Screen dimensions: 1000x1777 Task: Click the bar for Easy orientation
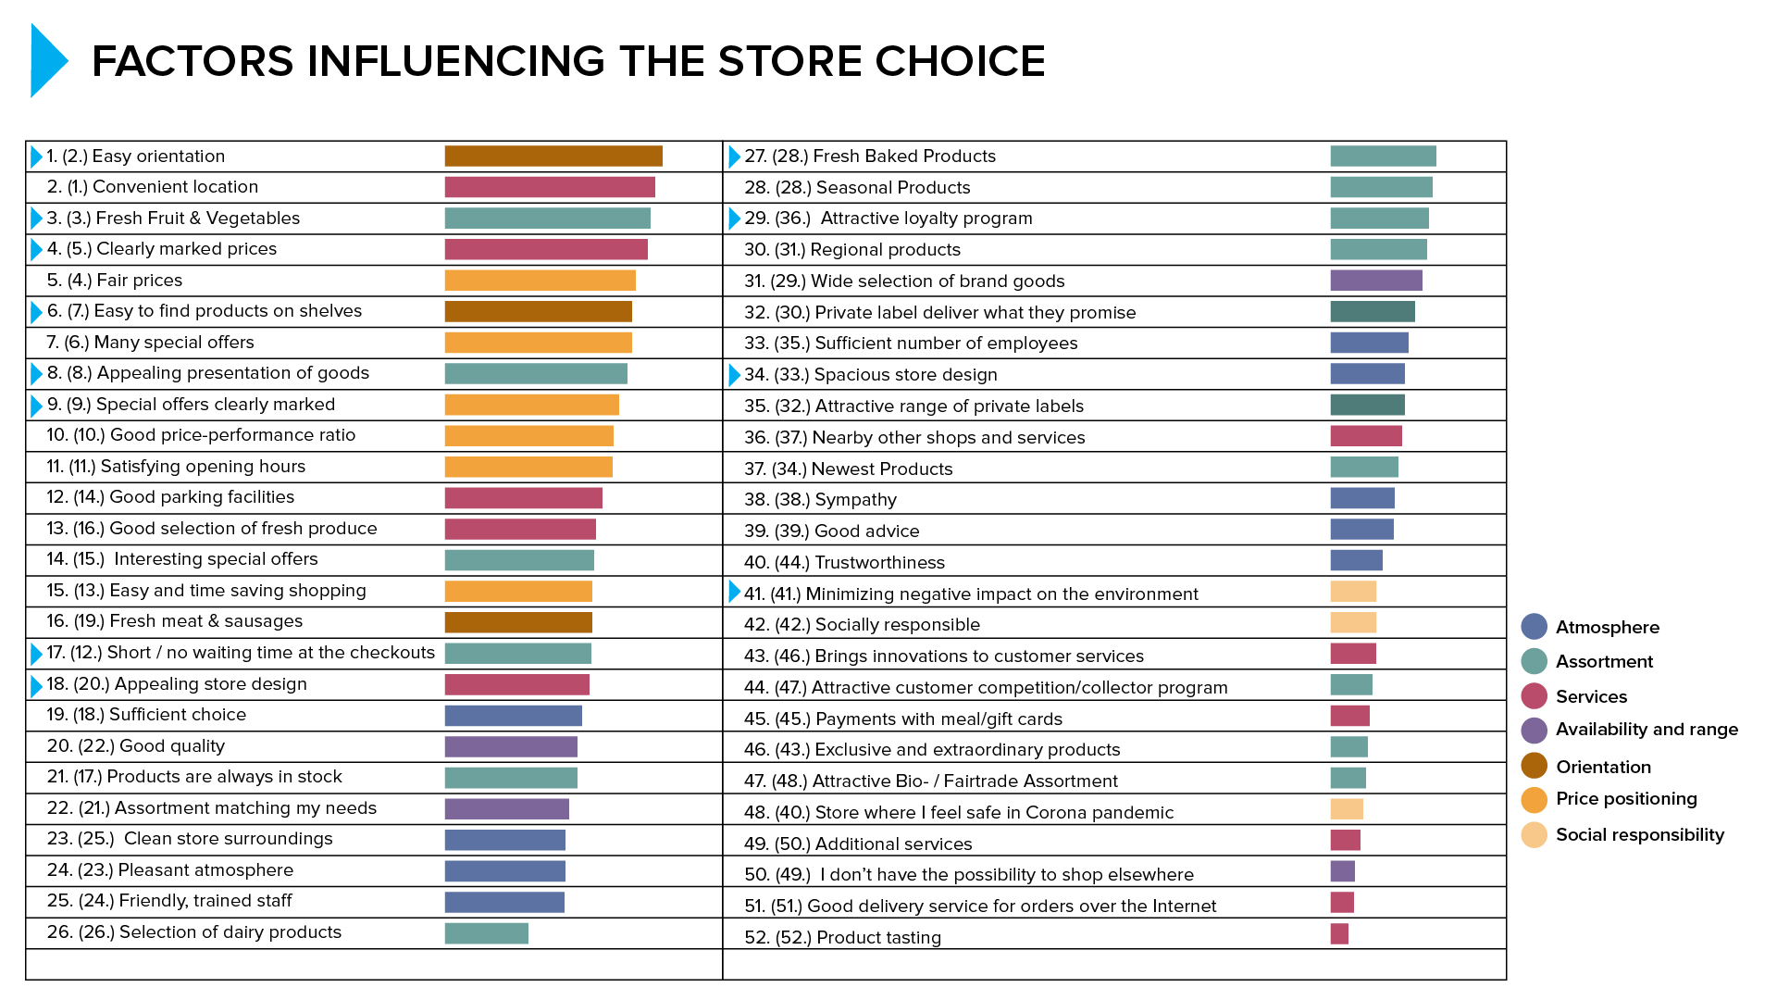point(553,156)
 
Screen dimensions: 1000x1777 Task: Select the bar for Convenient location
point(550,187)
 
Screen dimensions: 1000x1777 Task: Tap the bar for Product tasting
point(1339,933)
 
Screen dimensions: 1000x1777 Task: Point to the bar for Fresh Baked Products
point(1383,156)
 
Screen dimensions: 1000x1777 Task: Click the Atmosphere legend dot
point(1534,627)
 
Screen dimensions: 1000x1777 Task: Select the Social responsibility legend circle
point(1534,834)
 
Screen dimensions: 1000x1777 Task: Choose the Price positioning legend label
point(1626,798)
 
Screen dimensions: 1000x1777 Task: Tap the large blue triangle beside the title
point(47,61)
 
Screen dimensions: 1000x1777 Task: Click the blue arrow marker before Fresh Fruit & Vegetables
point(36,219)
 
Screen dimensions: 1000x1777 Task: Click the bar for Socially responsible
point(1353,622)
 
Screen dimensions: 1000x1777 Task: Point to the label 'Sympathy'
point(855,500)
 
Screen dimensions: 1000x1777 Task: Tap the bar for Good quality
point(511,746)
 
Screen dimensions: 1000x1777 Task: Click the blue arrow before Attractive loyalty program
point(734,219)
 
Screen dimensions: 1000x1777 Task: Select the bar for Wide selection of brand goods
point(1375,280)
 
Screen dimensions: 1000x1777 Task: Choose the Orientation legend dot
point(1534,766)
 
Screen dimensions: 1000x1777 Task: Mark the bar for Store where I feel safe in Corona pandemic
point(1347,809)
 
